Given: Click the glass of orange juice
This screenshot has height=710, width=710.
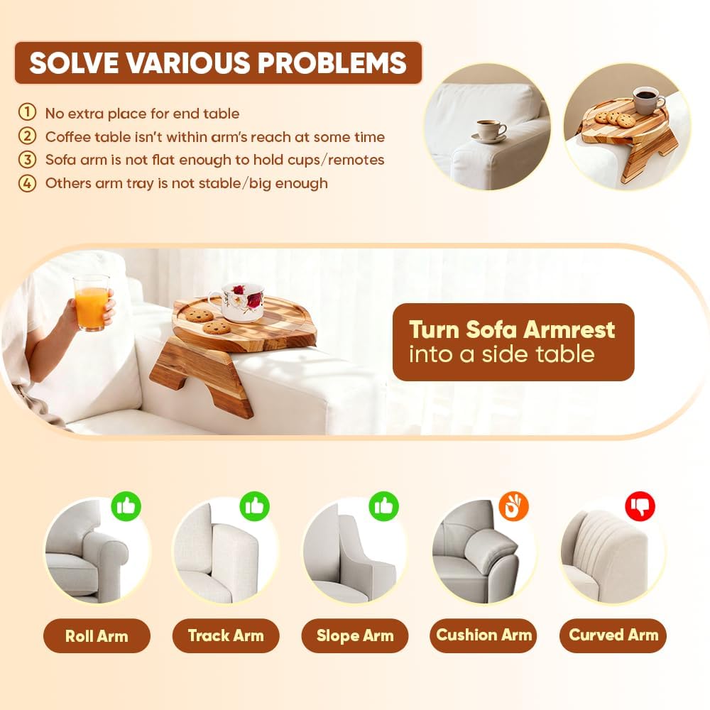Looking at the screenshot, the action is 91,302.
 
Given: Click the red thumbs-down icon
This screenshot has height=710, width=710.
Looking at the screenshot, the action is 640,506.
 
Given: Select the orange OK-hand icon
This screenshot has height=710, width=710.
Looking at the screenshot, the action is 513,506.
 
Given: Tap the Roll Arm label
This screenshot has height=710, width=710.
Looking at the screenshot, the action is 97,635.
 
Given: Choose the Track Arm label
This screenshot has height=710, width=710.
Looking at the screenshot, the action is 226,635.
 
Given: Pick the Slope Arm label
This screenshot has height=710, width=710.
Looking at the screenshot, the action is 354,635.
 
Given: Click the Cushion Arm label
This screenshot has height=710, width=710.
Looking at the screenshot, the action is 483,635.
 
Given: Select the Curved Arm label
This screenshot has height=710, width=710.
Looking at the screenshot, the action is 613,635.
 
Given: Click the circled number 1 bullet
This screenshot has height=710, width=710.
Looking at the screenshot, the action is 27,112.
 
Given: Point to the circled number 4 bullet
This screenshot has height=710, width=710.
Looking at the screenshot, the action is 27,183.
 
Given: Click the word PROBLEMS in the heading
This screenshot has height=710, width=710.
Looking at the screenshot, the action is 332,63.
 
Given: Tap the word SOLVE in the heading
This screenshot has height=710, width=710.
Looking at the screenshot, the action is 75,63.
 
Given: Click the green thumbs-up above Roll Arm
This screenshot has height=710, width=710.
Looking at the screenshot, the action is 126,506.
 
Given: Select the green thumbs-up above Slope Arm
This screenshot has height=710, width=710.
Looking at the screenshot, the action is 383,506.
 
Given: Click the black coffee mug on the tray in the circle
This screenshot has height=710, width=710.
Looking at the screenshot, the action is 648,101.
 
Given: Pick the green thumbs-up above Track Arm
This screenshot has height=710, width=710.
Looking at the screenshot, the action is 254,506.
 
